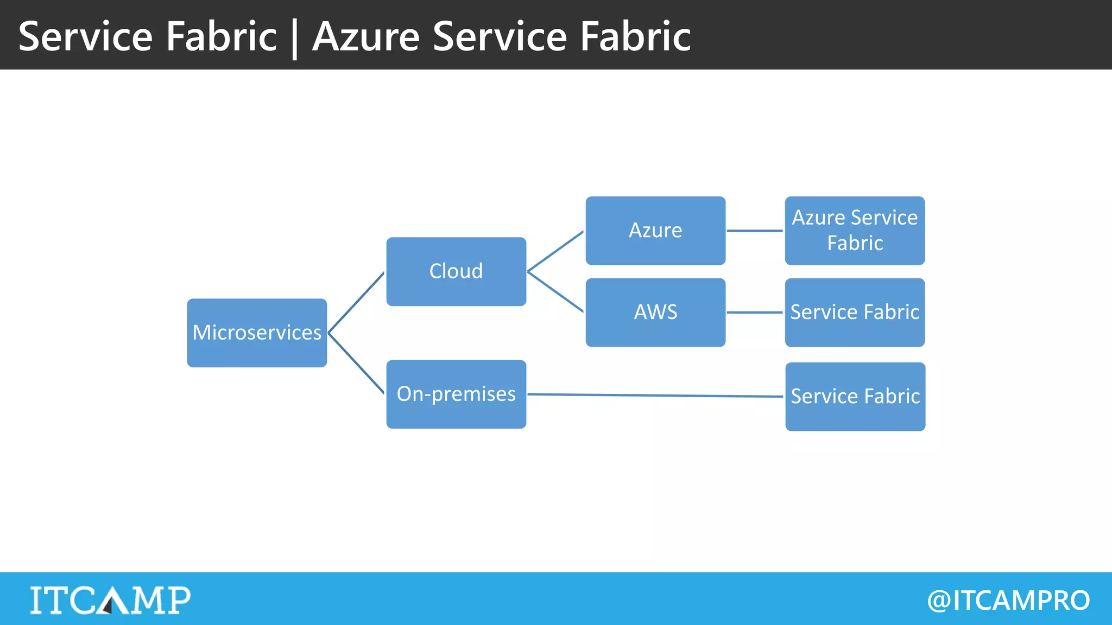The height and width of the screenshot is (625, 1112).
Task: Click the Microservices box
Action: click(257, 333)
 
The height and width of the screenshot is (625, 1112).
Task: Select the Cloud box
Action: click(456, 271)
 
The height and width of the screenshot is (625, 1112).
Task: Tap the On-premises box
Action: click(456, 394)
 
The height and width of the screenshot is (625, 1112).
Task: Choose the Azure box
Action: click(655, 231)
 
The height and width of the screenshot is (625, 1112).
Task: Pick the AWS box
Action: click(655, 312)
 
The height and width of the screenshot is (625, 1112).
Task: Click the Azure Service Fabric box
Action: click(855, 231)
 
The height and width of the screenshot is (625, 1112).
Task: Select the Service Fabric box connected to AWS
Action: click(855, 312)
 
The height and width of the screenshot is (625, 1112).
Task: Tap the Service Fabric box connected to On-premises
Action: click(855, 397)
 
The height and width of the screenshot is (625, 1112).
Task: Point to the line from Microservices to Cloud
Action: click(356, 303)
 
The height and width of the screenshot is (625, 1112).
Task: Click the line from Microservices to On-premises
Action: click(356, 363)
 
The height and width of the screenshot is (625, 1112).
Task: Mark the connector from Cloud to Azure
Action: click(555, 251)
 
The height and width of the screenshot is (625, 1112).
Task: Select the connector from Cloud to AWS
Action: click(555, 292)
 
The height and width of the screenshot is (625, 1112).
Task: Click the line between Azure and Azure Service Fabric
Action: click(755, 231)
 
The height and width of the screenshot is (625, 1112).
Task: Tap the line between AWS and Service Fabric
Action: click(755, 312)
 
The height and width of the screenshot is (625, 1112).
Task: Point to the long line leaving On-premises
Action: click(655, 396)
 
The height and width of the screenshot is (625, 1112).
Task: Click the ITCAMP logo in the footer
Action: click(110, 600)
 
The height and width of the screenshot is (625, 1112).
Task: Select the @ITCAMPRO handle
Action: click(1008, 601)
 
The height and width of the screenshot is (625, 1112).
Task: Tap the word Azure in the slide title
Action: click(366, 37)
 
